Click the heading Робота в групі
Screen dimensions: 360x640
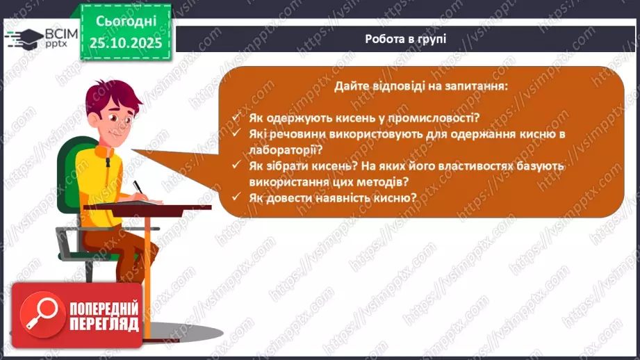404,39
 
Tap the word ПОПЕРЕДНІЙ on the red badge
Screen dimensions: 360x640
104,308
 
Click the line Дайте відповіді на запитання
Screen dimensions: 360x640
421,88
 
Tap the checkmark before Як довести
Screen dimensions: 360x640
238,197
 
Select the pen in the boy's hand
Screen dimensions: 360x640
138,188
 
